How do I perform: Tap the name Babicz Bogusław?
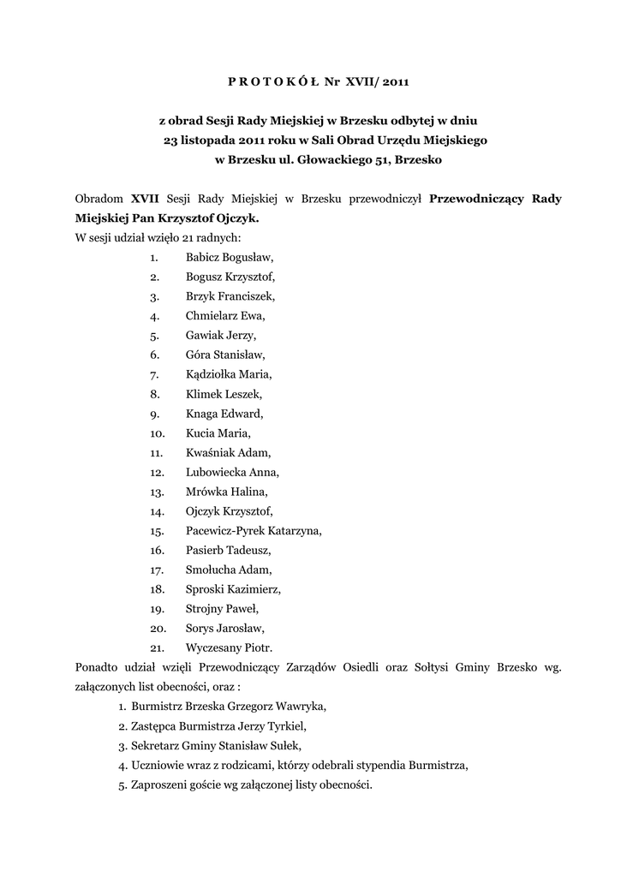(x=230, y=256)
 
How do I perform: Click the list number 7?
(x=154, y=374)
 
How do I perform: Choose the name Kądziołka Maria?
(x=228, y=374)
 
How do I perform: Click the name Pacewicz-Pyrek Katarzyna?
(x=254, y=530)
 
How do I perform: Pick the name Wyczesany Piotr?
(x=229, y=647)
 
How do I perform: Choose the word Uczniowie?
(x=158, y=765)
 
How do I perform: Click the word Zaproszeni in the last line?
(x=159, y=785)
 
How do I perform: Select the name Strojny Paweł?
(x=221, y=609)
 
